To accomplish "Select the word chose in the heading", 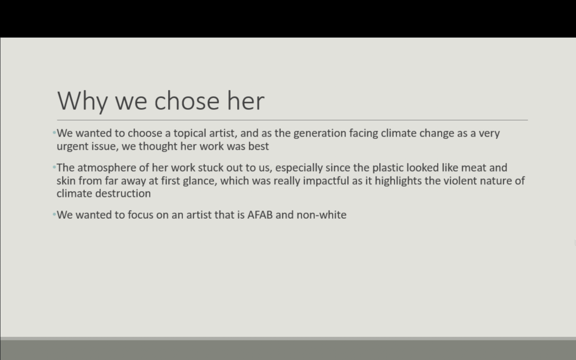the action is coord(187,100).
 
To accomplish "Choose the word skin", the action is coord(66,181).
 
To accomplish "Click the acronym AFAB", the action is coord(260,215).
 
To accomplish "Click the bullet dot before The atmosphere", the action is coord(55,168).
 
